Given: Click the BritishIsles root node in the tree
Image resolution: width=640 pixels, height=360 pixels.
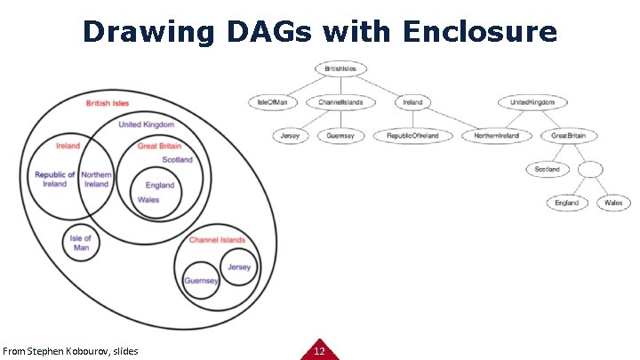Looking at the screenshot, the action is point(340,68).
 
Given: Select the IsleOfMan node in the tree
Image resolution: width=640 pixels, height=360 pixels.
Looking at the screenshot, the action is point(273,102).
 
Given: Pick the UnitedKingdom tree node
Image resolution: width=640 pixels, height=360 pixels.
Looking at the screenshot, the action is point(532,102).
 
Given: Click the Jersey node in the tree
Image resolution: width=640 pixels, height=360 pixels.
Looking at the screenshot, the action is point(291,136).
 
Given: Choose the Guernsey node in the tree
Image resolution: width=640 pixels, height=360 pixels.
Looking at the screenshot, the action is point(340,136).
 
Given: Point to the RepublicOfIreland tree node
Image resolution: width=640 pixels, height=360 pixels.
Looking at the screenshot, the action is point(412,136).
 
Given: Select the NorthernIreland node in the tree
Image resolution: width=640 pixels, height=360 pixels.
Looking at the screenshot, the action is point(502,136).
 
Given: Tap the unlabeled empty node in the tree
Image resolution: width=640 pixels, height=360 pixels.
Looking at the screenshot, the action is point(590,169).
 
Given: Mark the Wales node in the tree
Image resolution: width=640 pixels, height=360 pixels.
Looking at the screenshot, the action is point(613,203).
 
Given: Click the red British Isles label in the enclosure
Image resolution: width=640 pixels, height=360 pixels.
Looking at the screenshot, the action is point(108,103).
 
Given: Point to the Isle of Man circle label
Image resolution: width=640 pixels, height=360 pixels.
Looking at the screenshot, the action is point(81,243).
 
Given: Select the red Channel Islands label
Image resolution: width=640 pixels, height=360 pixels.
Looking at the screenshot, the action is point(217,240).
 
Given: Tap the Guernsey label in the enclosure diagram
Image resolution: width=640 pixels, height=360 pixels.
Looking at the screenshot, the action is point(201,281).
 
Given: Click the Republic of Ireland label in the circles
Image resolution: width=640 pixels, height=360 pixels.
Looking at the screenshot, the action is point(55,180).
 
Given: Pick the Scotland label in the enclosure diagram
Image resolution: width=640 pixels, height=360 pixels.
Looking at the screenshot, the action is point(177,160).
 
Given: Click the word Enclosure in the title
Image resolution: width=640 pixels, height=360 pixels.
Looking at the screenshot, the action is point(479,32).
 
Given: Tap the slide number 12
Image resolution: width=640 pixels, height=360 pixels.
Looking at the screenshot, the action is point(319,351).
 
